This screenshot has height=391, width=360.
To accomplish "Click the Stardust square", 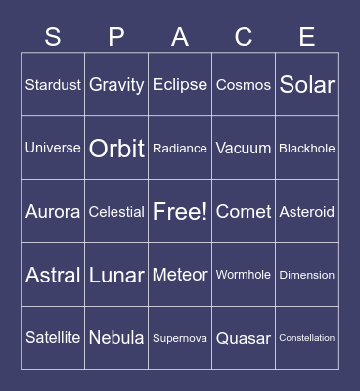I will (x=53, y=85).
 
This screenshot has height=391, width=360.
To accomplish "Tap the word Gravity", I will (x=116, y=85).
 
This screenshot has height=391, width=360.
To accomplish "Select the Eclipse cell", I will (x=180, y=85).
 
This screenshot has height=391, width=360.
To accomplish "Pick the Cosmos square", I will (x=244, y=85).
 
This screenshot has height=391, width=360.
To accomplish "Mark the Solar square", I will (x=307, y=85).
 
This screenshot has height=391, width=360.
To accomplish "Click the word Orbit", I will (x=116, y=149).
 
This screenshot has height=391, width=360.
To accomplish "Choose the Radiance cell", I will (x=180, y=149).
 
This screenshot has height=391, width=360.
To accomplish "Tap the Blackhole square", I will (x=307, y=149).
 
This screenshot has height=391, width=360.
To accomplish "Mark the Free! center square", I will (x=180, y=212).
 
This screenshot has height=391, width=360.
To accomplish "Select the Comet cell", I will (x=244, y=212).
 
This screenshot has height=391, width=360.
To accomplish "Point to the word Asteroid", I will (x=307, y=212).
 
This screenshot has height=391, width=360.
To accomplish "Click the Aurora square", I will (x=53, y=212).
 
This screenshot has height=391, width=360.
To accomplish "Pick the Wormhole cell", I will (x=244, y=275).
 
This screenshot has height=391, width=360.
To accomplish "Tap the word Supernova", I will (x=180, y=338).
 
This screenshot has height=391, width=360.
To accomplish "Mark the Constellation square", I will (x=307, y=338).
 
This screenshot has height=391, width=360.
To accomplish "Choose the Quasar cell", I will (x=244, y=338).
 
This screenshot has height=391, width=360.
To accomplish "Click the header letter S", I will (x=53, y=37).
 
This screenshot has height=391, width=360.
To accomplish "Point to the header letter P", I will (x=116, y=37).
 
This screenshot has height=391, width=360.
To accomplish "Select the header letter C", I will (x=244, y=37).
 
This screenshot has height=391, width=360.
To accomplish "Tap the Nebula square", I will (x=116, y=338).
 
